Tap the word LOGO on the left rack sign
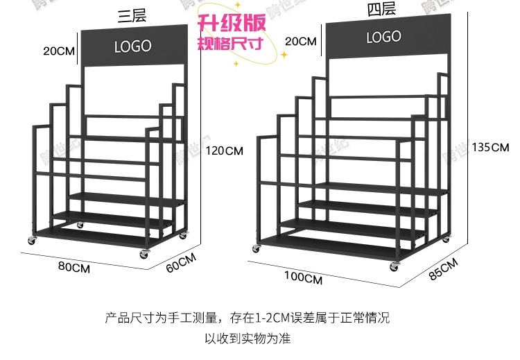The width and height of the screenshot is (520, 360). pyautogui.click(x=132, y=47)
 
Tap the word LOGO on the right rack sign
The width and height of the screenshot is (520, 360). pyautogui.click(x=383, y=37)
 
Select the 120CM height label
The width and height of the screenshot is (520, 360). pyautogui.click(x=226, y=150)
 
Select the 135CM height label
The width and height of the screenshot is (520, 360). pyautogui.click(x=490, y=147)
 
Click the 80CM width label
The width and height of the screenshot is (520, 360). pyautogui.click(x=74, y=267)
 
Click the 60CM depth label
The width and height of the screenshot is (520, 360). pyautogui.click(x=182, y=264)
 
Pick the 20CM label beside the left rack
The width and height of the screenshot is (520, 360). pyautogui.click(x=59, y=51)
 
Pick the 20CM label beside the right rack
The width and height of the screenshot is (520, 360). pyautogui.click(x=301, y=42)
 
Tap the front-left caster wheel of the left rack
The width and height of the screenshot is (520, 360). pyautogui.click(x=31, y=241)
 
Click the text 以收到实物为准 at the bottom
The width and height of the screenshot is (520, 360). pyautogui.click(x=248, y=339)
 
